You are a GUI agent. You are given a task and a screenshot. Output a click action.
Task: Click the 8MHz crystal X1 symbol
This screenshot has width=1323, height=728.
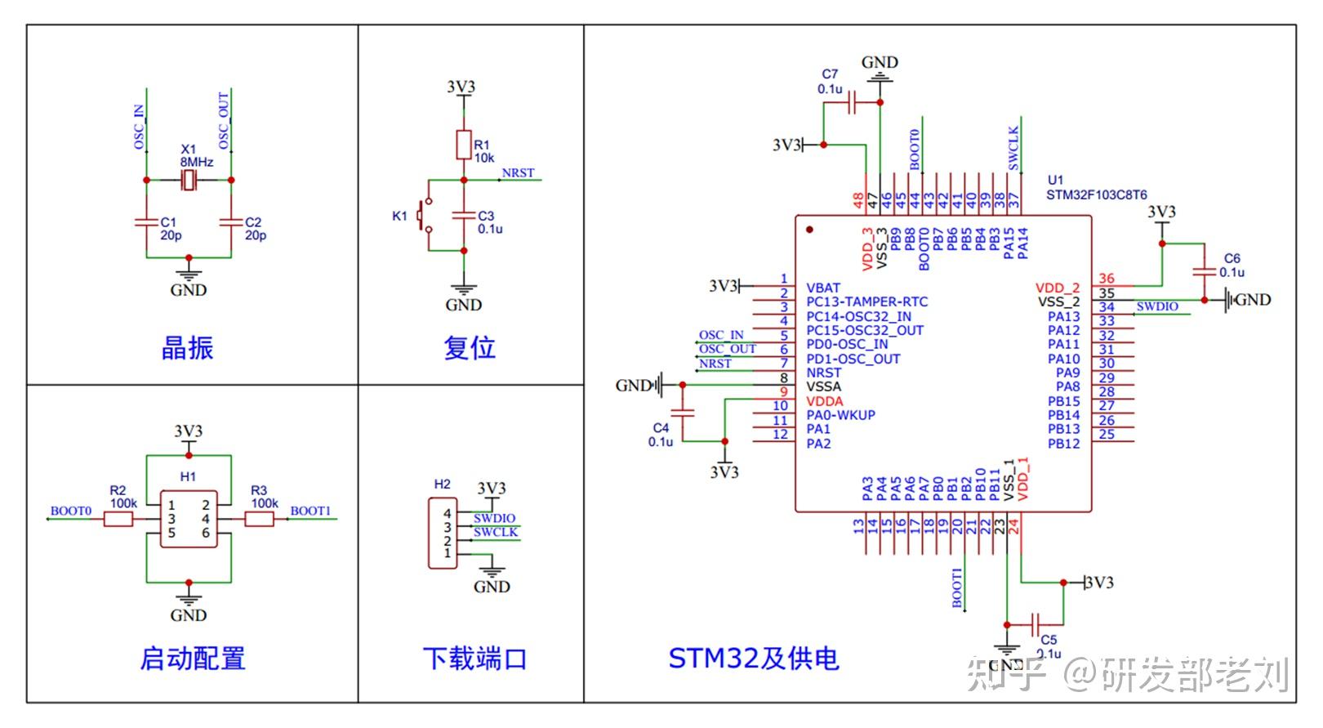(x=189, y=180)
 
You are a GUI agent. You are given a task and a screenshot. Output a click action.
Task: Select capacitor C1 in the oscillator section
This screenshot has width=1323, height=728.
(x=146, y=221)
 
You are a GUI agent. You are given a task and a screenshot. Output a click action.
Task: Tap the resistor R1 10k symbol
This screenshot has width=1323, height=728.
(x=464, y=145)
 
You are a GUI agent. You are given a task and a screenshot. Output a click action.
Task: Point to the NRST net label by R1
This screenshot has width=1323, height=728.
(x=518, y=173)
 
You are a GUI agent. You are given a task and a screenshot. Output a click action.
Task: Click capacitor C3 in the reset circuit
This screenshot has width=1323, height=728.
(x=464, y=215)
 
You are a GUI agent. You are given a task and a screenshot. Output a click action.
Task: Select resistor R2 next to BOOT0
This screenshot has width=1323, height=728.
(x=118, y=518)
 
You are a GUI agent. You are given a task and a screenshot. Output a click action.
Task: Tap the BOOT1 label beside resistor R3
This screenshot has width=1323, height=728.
(x=310, y=511)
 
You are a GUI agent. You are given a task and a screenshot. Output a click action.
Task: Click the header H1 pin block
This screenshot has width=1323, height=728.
(x=189, y=519)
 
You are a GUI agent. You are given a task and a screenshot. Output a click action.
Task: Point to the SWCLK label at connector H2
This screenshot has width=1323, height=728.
(x=496, y=533)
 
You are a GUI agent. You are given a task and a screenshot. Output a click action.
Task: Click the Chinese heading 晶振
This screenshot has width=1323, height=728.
(x=187, y=348)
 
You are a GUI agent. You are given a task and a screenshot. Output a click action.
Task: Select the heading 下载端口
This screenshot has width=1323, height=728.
(x=474, y=659)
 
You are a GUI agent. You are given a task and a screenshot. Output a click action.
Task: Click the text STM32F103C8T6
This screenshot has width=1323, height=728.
(x=1096, y=195)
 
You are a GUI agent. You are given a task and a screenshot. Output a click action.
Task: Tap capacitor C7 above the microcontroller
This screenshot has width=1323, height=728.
(x=853, y=102)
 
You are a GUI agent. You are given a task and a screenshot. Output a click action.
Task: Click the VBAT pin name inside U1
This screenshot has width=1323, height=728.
(x=823, y=288)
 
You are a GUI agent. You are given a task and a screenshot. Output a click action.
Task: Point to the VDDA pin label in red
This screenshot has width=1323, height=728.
(x=824, y=401)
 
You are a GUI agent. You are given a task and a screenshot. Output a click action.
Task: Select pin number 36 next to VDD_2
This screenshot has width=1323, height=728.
(x=1107, y=279)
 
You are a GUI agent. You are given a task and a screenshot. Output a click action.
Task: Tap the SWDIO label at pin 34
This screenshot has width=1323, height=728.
(x=1157, y=306)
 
